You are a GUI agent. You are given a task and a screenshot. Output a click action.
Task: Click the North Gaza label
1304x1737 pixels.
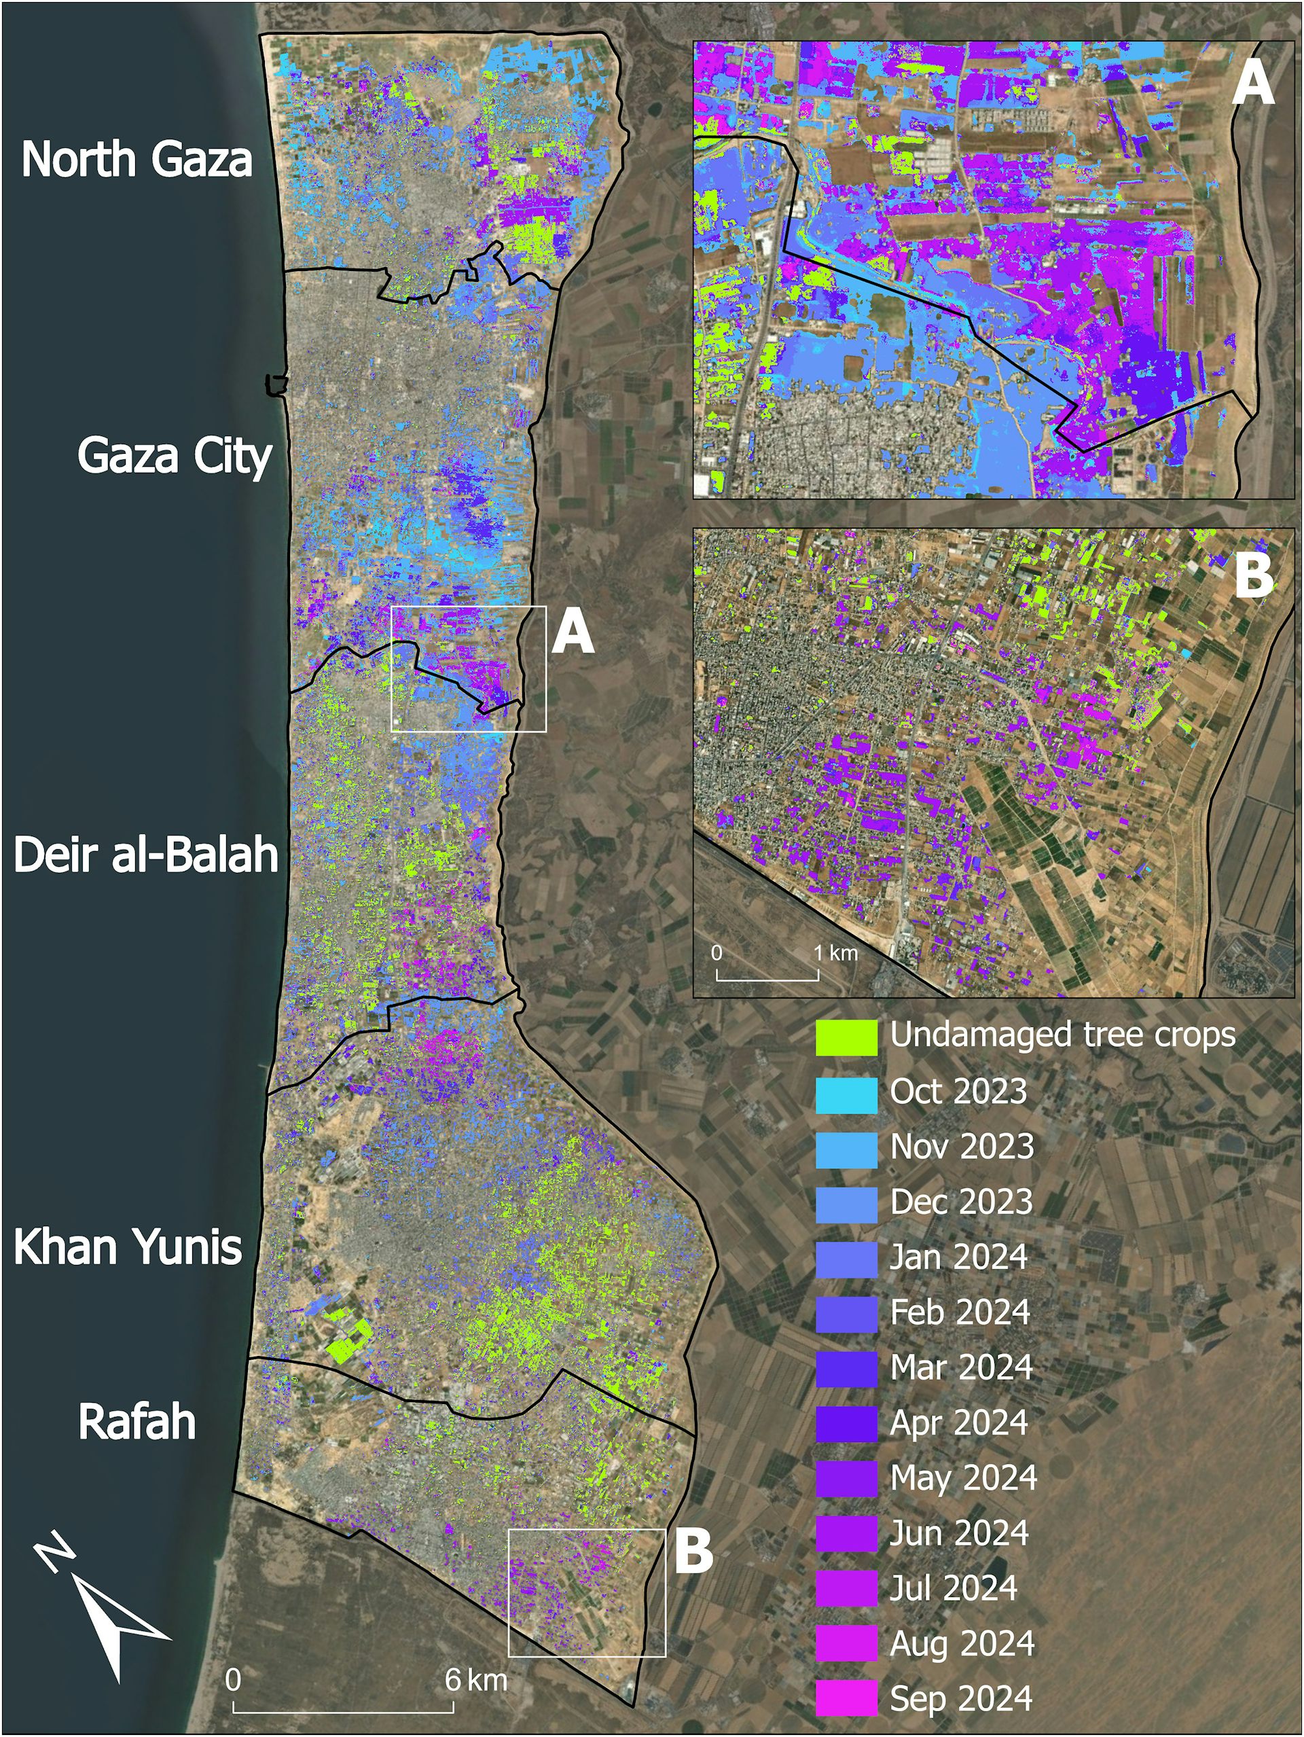tap(137, 160)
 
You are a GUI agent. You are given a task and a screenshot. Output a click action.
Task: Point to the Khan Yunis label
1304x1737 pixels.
tap(128, 1247)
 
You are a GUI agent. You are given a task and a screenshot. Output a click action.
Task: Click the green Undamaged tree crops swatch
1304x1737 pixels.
tap(846, 1037)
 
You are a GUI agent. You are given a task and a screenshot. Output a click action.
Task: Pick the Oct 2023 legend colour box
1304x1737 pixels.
tap(846, 1093)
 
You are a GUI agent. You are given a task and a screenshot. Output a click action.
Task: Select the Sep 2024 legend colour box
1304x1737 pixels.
tap(846, 1698)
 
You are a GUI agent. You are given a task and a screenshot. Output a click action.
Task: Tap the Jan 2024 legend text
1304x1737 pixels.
tap(958, 1258)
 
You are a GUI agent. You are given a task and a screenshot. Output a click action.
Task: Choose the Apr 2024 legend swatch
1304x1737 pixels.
tap(846, 1424)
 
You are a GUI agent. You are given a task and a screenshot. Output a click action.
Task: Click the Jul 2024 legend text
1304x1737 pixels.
tap(953, 1589)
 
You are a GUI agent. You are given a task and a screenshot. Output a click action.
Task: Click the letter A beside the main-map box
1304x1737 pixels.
tap(573, 633)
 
